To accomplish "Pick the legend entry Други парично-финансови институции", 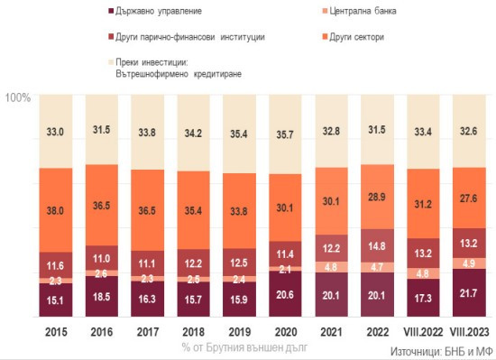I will (x=190, y=38).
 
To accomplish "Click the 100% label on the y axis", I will (x=19, y=97).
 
